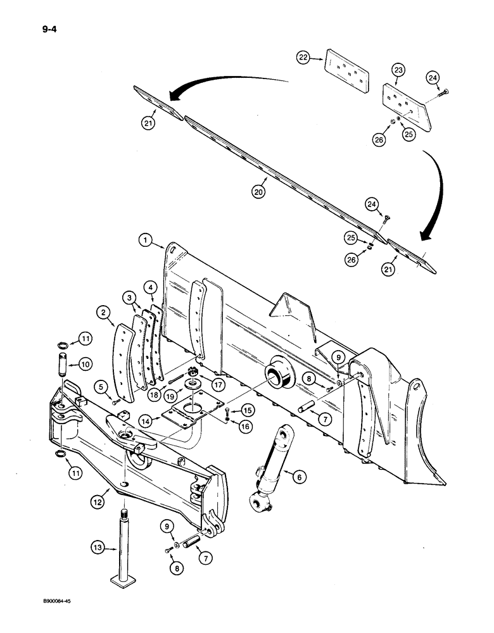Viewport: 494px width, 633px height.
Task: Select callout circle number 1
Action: [x=145, y=240]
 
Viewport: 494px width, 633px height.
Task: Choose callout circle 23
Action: [x=398, y=70]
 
